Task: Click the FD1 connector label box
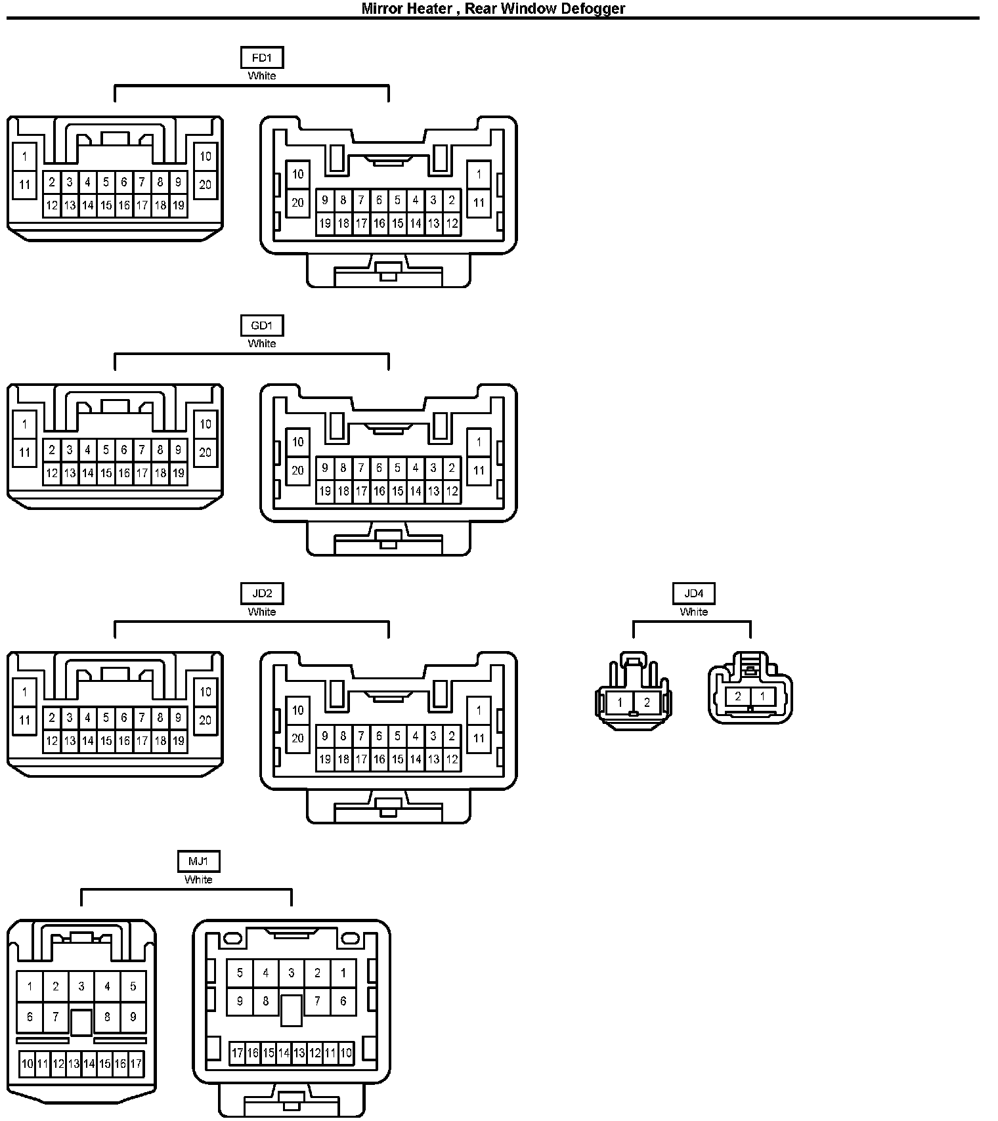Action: pyautogui.click(x=262, y=58)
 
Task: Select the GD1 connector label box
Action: pyautogui.click(x=262, y=326)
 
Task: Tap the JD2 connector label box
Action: pyautogui.click(x=262, y=593)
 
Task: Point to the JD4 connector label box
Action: pyautogui.click(x=694, y=593)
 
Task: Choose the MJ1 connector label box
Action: pyautogui.click(x=198, y=861)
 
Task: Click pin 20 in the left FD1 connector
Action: pyautogui.click(x=206, y=184)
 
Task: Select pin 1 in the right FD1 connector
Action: pyautogui.click(x=479, y=175)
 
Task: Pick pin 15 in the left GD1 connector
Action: pyautogui.click(x=106, y=473)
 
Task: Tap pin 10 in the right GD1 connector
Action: pyautogui.click(x=298, y=442)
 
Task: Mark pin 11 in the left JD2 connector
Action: pyautogui.click(x=25, y=720)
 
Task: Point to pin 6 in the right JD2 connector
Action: pyautogui.click(x=379, y=736)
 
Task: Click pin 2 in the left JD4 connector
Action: pyautogui.click(x=647, y=703)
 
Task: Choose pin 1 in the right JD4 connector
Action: pyautogui.click(x=762, y=696)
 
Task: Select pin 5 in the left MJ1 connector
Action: pyautogui.click(x=133, y=986)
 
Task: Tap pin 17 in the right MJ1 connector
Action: pyautogui.click(x=238, y=1053)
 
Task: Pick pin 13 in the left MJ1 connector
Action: pyautogui.click(x=74, y=1064)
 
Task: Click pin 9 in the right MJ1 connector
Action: pyautogui.click(x=240, y=1002)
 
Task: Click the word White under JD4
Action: pyautogui.click(x=694, y=612)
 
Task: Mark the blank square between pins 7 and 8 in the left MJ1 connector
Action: pyautogui.click(x=81, y=1022)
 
